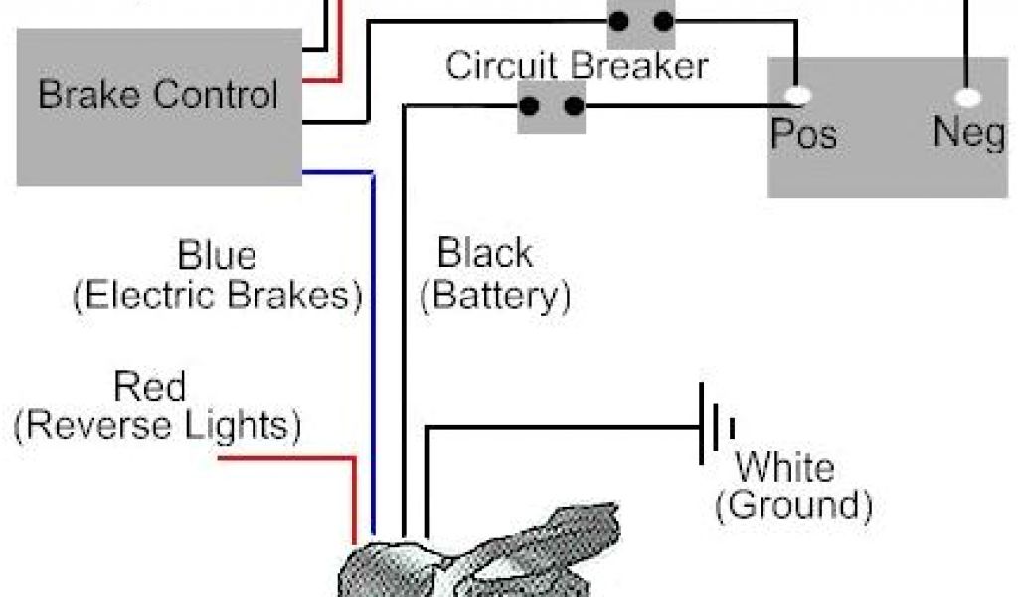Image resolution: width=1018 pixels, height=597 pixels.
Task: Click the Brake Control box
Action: pos(159,105)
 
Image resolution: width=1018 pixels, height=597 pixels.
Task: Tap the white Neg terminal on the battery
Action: pos(967,98)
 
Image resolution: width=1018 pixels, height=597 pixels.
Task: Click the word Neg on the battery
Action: pos(969,132)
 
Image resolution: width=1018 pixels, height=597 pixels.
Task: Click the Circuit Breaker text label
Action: pos(577,66)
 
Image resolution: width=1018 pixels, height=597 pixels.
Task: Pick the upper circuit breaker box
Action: pos(641,22)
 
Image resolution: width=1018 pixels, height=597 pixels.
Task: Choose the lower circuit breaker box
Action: pos(552,106)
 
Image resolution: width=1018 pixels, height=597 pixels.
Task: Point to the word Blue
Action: pos(216,255)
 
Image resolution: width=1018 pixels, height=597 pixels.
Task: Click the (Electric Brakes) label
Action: pos(217,297)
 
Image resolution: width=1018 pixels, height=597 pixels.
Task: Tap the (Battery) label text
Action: pos(495,296)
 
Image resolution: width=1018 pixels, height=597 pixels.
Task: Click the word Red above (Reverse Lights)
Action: pos(150,386)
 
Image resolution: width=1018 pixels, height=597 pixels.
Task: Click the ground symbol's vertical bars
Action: pos(716,426)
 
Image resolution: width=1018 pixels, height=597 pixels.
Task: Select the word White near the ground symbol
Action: pos(784,466)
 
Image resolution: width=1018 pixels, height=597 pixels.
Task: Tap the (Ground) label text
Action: pos(793,505)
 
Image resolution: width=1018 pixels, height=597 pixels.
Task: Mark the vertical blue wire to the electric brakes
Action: pos(373,348)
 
